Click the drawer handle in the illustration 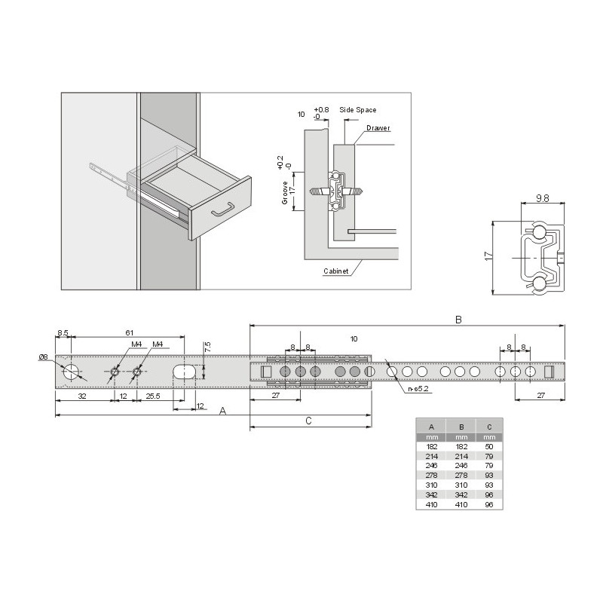pyautogui.click(x=222, y=210)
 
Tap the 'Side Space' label pyautogui.click(x=357, y=110)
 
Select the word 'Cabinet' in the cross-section pyautogui.click(x=335, y=271)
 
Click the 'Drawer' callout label pyautogui.click(x=378, y=128)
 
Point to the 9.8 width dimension pyautogui.click(x=542, y=198)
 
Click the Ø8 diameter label pyautogui.click(x=43, y=357)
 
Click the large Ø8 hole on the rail pyautogui.click(x=71, y=372)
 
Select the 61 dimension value pyautogui.click(x=129, y=332)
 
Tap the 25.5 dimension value pyautogui.click(x=153, y=396)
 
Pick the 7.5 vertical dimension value pyautogui.click(x=208, y=347)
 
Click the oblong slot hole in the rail pyautogui.click(x=185, y=372)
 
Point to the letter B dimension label pyautogui.click(x=458, y=320)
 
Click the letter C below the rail pyautogui.click(x=308, y=421)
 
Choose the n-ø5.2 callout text pyautogui.click(x=418, y=389)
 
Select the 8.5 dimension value pyautogui.click(x=63, y=332)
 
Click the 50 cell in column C pyautogui.click(x=488, y=446)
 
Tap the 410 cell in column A pyautogui.click(x=431, y=504)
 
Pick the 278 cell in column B pyautogui.click(x=461, y=476)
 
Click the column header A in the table pyautogui.click(x=431, y=427)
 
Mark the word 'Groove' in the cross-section pyautogui.click(x=285, y=193)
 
